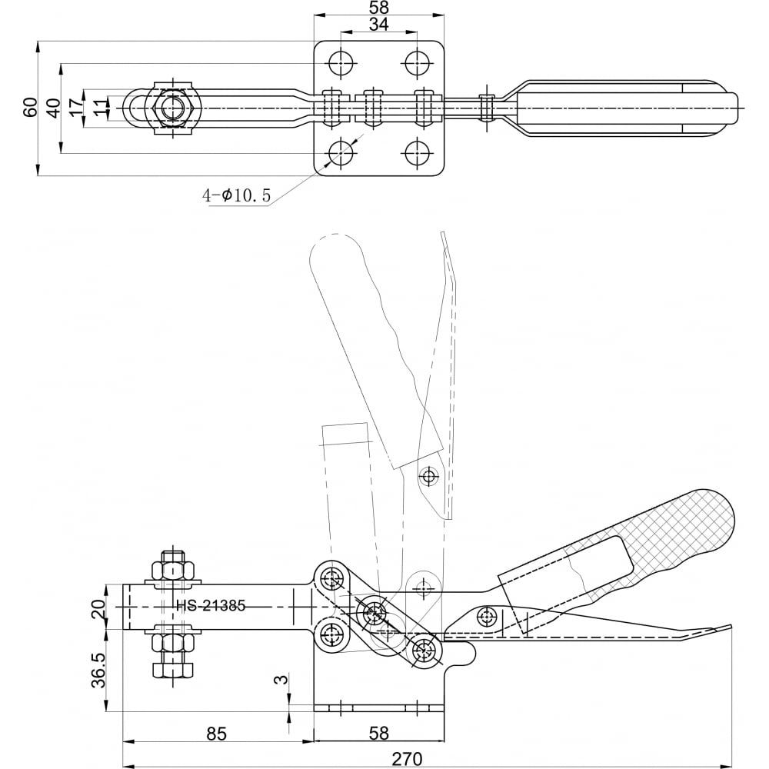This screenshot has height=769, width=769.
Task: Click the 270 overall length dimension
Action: click(407, 759)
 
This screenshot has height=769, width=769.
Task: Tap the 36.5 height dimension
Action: click(98, 671)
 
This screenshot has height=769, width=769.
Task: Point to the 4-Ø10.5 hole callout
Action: click(236, 195)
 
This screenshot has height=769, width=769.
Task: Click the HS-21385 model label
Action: click(211, 606)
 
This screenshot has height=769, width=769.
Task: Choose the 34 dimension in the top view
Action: click(378, 25)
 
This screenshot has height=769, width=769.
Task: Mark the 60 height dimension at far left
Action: click(30, 107)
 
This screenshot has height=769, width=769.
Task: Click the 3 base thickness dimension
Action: click(281, 679)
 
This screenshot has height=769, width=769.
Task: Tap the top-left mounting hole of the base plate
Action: click(342, 62)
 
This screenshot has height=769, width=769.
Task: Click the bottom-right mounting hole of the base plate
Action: click(418, 153)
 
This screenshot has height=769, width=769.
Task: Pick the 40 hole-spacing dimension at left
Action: click(53, 108)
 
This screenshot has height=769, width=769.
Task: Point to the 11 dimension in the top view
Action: click(100, 108)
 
